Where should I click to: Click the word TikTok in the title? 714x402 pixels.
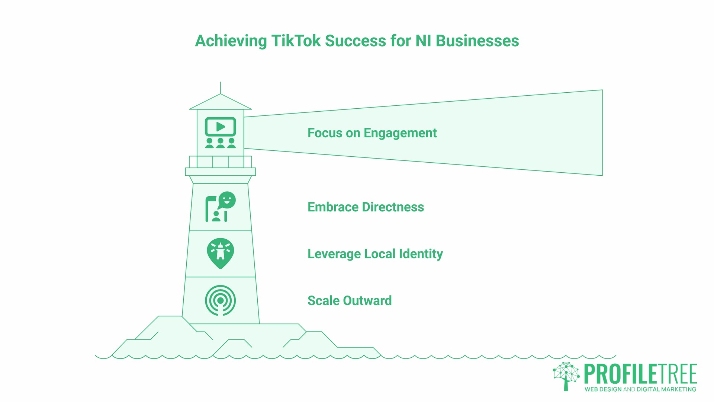pyautogui.click(x=296, y=41)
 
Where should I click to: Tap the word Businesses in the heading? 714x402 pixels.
pyautogui.click(x=477, y=41)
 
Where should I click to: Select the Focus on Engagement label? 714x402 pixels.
pyautogui.click(x=372, y=133)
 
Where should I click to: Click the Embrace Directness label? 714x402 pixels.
pyautogui.click(x=366, y=207)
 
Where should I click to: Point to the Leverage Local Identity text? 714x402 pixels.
pyautogui.click(x=375, y=254)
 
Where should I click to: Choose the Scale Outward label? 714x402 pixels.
pyautogui.click(x=350, y=300)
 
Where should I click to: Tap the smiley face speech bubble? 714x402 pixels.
pyautogui.click(x=226, y=200)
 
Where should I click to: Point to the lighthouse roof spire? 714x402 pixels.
pyautogui.click(x=221, y=88)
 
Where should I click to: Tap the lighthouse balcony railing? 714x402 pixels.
pyautogui.click(x=221, y=162)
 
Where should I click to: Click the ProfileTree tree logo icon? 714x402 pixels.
pyautogui.click(x=566, y=376)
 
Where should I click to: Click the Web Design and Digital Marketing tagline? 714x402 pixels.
pyautogui.click(x=640, y=389)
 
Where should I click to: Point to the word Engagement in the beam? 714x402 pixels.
pyautogui.click(x=400, y=133)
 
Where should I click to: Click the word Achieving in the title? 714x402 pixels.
pyautogui.click(x=231, y=41)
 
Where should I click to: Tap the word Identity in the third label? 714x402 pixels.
pyautogui.click(x=421, y=254)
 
